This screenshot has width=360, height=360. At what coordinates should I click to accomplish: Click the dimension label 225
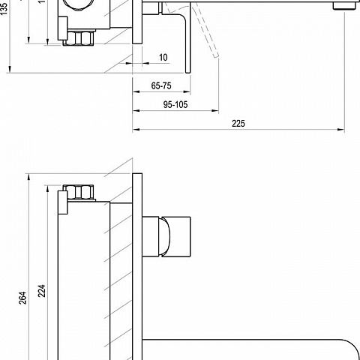(x=238, y=124)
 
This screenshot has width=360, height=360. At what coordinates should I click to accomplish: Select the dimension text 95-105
(x=175, y=104)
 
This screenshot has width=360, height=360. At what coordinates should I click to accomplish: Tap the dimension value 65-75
(x=161, y=85)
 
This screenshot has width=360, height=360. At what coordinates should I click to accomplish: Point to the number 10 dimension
(x=163, y=58)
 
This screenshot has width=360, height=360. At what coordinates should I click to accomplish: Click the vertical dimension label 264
(x=22, y=298)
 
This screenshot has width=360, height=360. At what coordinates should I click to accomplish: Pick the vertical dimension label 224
(x=42, y=291)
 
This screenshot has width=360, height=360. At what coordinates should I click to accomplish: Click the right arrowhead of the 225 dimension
(x=341, y=130)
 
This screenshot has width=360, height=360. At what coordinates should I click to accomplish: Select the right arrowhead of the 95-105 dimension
(x=215, y=110)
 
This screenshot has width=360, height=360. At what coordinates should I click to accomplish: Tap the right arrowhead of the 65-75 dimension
(x=187, y=91)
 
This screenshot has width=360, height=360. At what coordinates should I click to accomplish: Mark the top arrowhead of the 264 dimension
(x=28, y=177)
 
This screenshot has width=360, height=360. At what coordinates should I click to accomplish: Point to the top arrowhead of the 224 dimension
(x=47, y=189)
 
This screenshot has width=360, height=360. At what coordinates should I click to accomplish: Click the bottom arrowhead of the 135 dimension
(x=10, y=69)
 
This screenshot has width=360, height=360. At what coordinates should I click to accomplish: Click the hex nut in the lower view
(x=78, y=192)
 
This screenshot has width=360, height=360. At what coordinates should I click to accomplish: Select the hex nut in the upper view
(x=78, y=38)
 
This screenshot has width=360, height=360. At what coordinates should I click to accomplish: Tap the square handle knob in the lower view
(x=175, y=237)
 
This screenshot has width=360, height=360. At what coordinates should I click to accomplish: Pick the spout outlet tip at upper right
(x=345, y=6)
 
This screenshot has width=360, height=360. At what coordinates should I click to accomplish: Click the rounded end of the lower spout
(x=350, y=349)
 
